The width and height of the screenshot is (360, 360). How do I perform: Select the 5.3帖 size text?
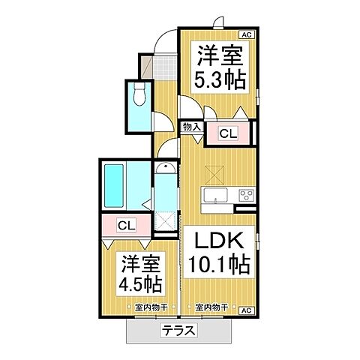coord(219,81)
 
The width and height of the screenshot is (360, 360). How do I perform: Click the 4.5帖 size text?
coord(141,285)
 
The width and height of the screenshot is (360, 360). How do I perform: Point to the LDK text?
coord(219,242)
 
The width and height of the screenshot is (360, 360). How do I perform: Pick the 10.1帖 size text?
coord(219,265)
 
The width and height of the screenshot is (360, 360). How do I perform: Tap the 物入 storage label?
coord(191,127)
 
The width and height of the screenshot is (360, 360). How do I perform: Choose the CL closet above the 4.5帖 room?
coord(126,224)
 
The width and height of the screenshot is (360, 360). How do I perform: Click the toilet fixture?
coord(139,96)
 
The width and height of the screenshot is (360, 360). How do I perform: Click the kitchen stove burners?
coord(244,196)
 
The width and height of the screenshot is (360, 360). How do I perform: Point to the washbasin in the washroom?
coord(164,169)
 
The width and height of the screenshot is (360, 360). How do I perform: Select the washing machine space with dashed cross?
coord(164,219)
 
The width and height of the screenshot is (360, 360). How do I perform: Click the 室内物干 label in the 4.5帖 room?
coord(150,307)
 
